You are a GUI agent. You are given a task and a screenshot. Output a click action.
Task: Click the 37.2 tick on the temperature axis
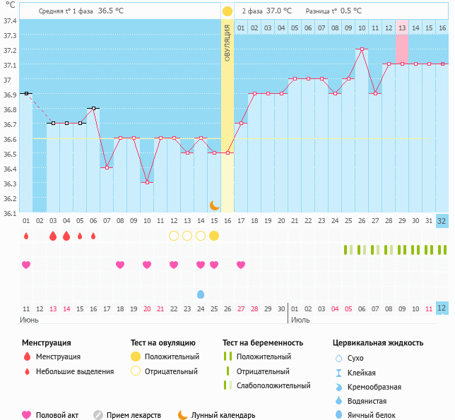9,51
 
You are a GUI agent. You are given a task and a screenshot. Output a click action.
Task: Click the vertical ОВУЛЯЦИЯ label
227,42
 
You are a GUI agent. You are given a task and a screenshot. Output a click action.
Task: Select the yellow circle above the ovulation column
227,11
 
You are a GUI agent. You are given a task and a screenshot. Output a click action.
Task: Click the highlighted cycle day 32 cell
442,221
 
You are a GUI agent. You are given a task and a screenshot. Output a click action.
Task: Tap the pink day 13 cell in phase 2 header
401,28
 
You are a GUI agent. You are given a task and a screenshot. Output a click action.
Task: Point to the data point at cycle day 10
147,182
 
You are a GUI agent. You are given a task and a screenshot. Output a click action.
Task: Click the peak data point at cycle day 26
362,49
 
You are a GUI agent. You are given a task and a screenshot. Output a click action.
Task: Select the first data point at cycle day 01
26,93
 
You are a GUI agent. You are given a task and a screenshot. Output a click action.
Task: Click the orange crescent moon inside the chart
215,205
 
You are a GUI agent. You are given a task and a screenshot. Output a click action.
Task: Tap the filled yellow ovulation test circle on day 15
214,236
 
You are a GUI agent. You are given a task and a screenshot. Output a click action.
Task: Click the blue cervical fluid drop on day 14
201,294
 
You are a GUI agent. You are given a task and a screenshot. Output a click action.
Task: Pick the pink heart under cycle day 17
241,265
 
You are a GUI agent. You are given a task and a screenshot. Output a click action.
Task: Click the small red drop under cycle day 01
26,236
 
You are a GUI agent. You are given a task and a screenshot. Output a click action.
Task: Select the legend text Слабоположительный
273,385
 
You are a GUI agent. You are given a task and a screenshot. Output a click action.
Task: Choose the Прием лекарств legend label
134,415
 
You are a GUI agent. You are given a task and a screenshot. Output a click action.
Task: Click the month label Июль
300,320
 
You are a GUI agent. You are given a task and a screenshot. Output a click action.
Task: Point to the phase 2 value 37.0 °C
279,11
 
